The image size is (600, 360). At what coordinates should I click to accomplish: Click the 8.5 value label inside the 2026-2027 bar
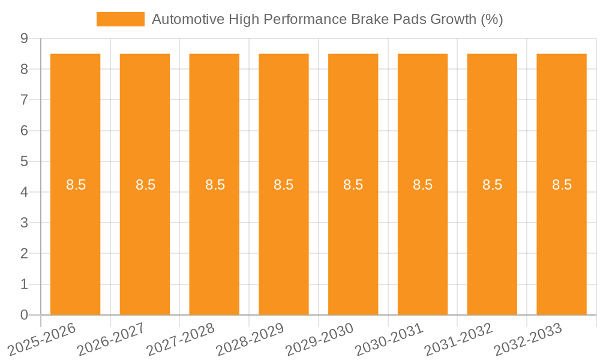[x=145, y=185]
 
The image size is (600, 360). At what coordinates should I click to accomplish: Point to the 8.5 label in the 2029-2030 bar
[x=353, y=185]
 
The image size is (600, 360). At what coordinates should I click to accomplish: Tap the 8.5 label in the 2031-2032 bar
[x=492, y=185]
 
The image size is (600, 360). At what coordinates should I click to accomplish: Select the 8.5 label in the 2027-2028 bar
[x=215, y=185]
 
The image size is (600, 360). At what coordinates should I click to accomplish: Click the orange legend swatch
[x=121, y=19]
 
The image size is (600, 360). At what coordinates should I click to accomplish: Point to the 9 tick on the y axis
[x=24, y=38]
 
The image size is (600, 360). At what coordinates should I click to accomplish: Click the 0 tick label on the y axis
[x=24, y=315]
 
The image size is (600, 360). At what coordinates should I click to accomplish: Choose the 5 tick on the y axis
[x=24, y=161]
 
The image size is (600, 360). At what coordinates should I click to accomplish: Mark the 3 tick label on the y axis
[x=24, y=223]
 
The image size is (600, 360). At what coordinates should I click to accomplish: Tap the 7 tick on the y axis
[x=24, y=100]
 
